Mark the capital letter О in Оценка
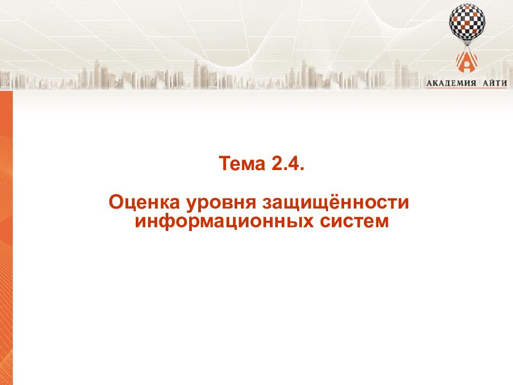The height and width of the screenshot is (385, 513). [116, 203]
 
